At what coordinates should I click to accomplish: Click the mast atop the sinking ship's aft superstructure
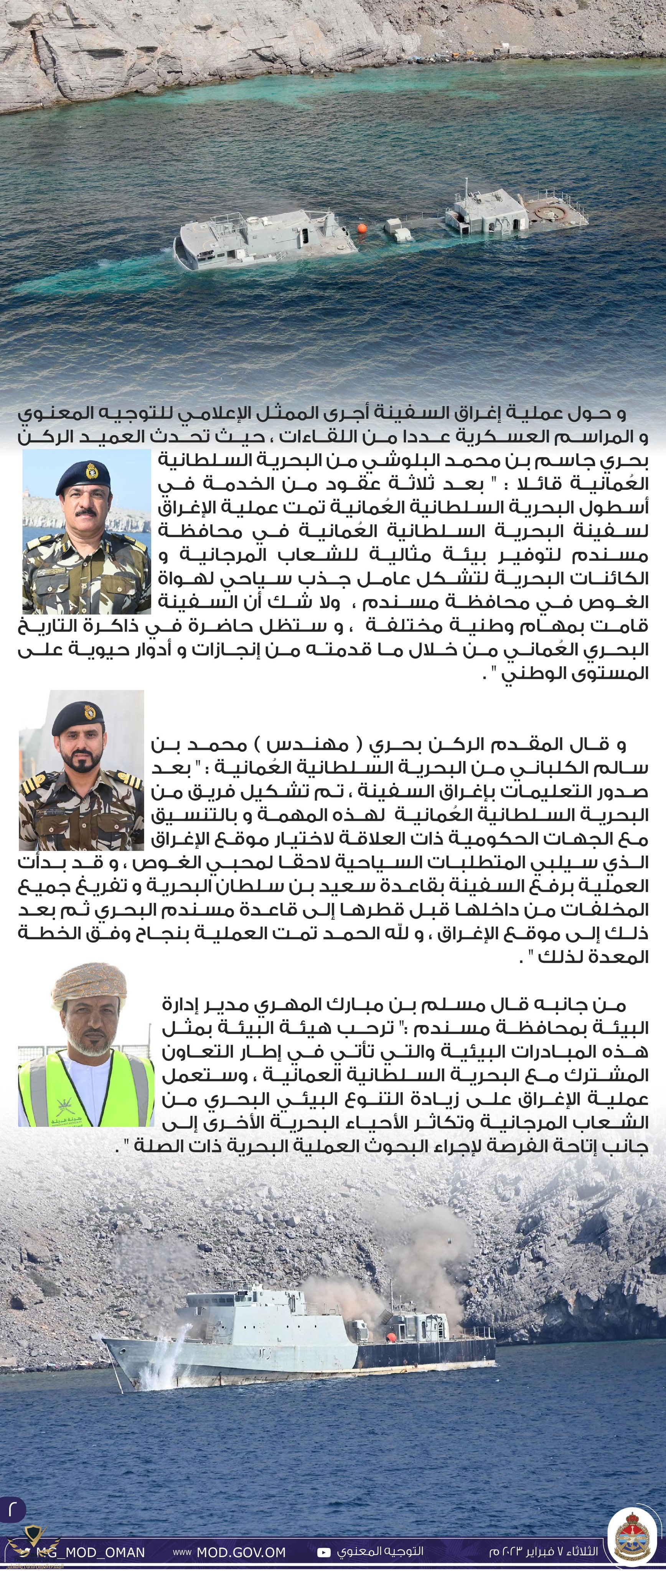467,186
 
